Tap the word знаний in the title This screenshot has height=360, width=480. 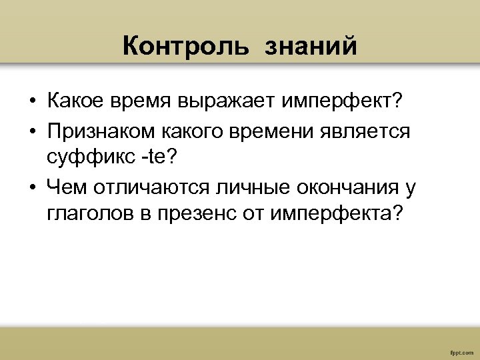(311, 47)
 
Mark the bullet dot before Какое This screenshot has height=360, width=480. (32, 102)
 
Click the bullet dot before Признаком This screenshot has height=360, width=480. (32, 131)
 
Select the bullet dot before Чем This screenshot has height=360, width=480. (32, 189)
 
